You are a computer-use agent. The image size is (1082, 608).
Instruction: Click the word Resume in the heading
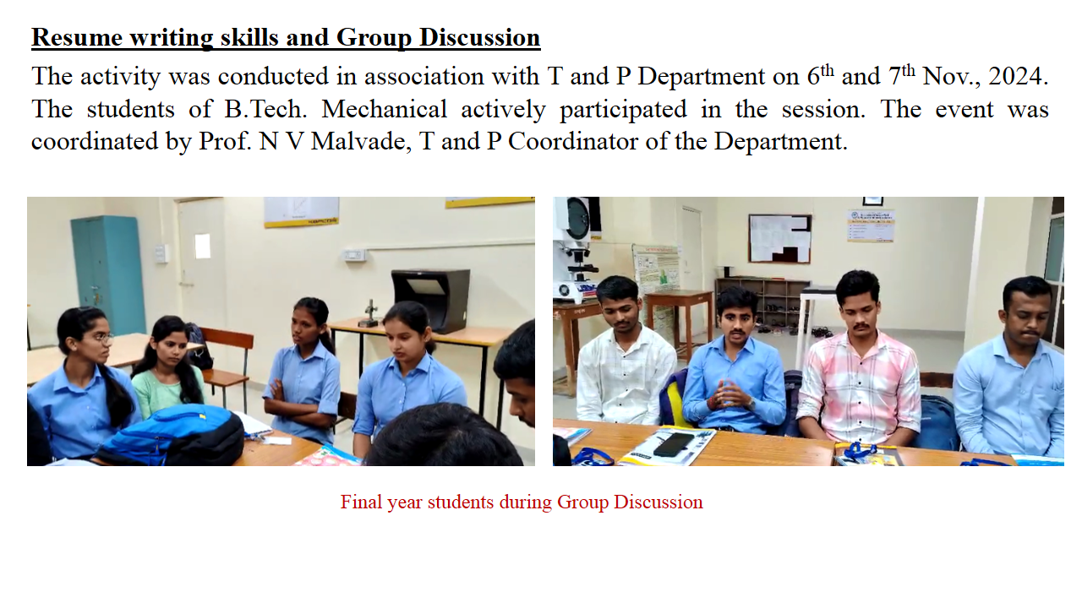click(x=77, y=38)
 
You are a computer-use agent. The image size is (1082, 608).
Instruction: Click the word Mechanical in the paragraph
click(x=384, y=109)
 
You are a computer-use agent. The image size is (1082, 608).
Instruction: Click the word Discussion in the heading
click(x=479, y=38)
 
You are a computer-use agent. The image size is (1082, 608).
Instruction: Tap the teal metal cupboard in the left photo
click(x=108, y=274)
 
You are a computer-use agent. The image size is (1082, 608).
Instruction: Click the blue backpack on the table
click(x=175, y=434)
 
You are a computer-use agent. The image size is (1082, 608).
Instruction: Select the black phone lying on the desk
click(x=673, y=445)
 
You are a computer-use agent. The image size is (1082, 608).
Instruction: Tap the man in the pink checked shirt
click(x=859, y=357)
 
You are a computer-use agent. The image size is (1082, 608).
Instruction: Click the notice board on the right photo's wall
click(x=779, y=239)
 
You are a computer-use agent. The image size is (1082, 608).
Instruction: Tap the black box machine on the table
click(x=431, y=300)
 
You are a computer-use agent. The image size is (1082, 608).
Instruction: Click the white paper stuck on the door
click(x=202, y=246)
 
